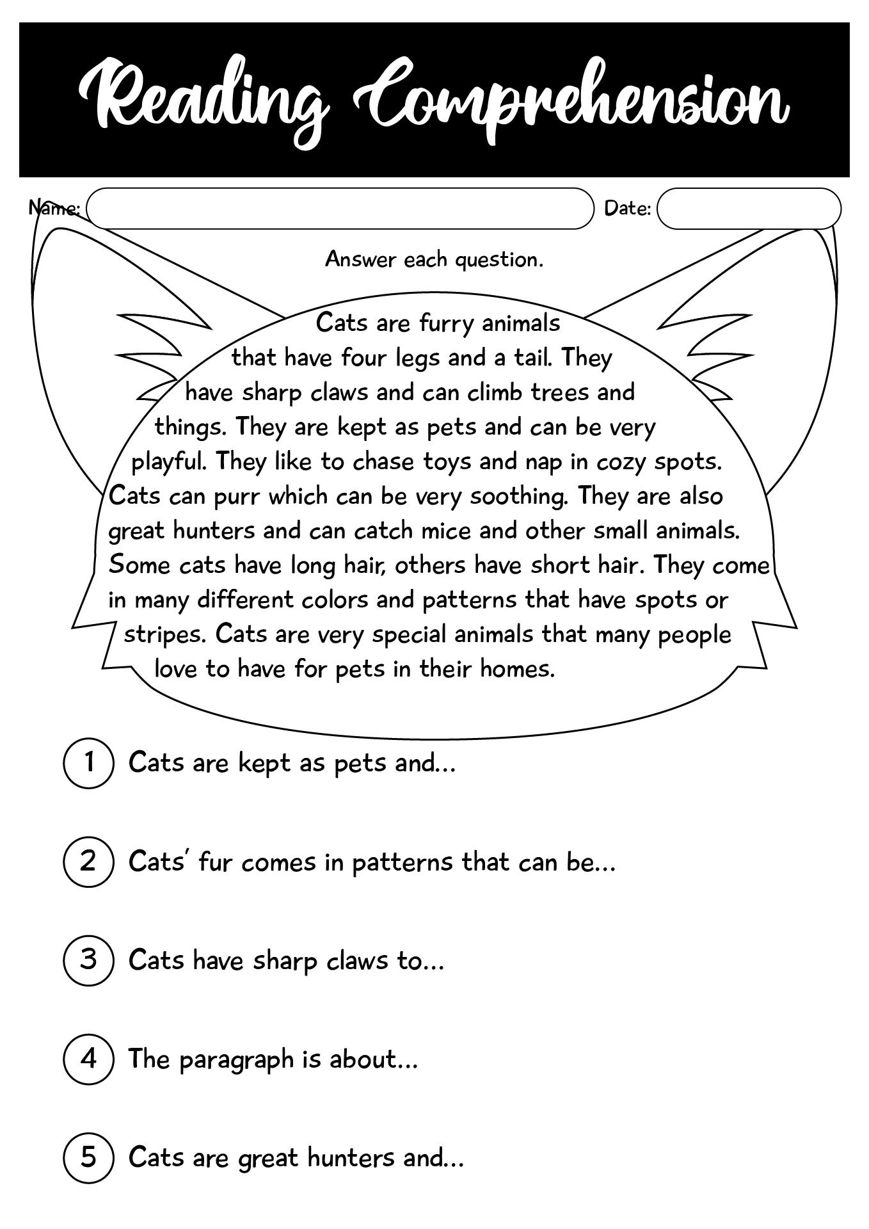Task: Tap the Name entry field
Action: [x=339, y=209]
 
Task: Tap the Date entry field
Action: [x=749, y=209]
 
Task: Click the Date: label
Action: [x=627, y=209]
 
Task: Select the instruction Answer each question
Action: [x=434, y=259]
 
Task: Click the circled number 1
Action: [x=89, y=763]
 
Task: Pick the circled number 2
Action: [x=89, y=862]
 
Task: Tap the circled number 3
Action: [x=89, y=960]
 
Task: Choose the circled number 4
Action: [x=89, y=1059]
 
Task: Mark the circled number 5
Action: [x=89, y=1157]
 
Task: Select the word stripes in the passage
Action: [x=165, y=635]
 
